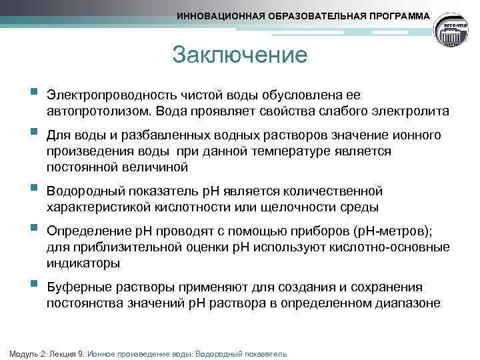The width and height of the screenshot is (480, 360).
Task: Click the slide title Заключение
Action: tap(239, 54)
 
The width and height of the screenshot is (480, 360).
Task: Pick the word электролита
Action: tap(414, 110)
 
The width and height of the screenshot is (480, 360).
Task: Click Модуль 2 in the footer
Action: tap(24, 353)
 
